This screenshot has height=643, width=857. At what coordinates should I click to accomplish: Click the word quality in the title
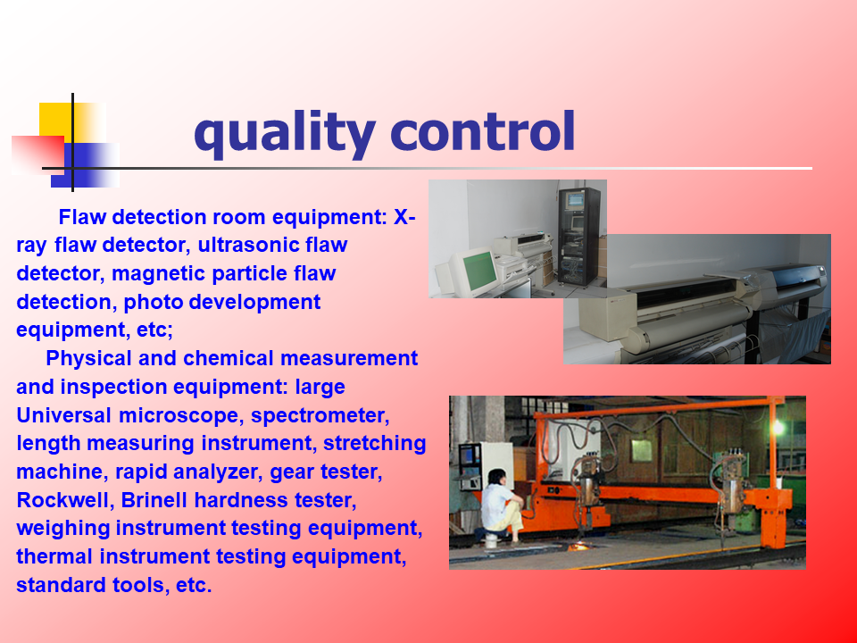click(x=285, y=135)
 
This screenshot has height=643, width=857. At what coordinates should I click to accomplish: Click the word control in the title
click(x=483, y=130)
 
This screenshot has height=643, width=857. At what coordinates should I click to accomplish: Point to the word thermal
click(x=54, y=556)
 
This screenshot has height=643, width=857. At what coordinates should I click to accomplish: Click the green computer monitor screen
click(x=479, y=269)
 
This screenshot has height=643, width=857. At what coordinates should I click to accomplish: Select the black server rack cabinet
click(x=579, y=236)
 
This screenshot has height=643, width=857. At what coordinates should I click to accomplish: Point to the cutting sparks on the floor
click(x=579, y=545)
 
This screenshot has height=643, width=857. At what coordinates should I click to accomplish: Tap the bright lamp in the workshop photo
click(x=778, y=427)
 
